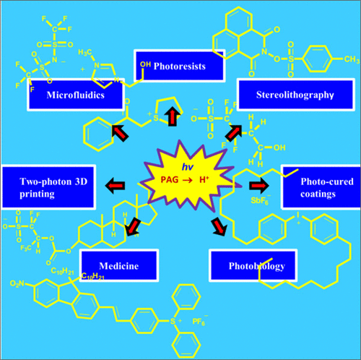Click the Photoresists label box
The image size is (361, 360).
pos(180,65)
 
